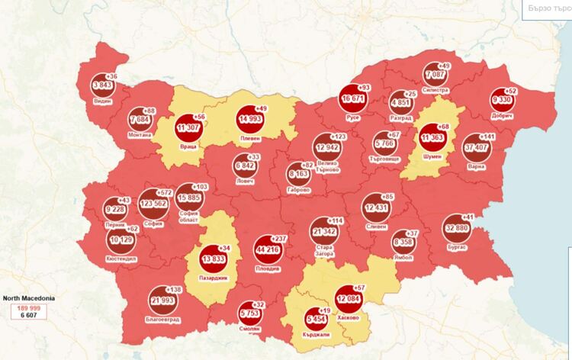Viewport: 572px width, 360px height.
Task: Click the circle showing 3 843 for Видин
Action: tap(102, 85)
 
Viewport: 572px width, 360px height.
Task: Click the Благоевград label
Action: tap(161, 321)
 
